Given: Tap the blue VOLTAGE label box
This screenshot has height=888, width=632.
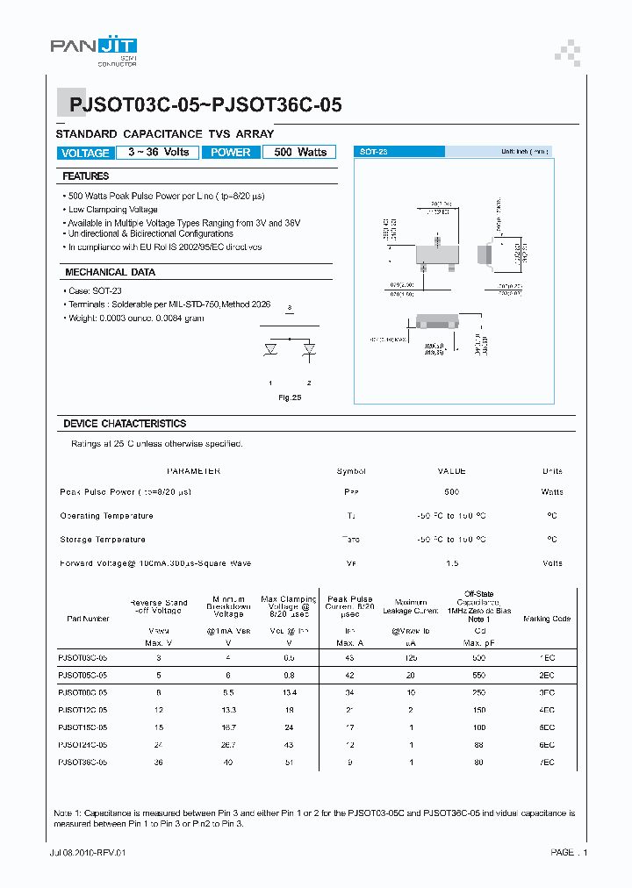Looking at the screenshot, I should pyautogui.click(x=85, y=153).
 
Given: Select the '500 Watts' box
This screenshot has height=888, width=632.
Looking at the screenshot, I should pyautogui.click(x=300, y=152).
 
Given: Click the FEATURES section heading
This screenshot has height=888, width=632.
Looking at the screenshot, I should pyautogui.click(x=86, y=176).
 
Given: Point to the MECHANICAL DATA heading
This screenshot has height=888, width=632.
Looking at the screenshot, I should pyautogui.click(x=110, y=272).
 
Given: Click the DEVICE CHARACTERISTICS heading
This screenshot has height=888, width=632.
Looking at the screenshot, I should pyautogui.click(x=125, y=424).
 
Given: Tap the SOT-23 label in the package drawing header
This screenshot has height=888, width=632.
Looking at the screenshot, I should pyautogui.click(x=374, y=152).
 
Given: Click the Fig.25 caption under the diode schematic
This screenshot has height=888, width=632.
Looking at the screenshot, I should pyautogui.click(x=290, y=398).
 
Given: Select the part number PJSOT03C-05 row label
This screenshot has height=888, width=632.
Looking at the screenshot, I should pyautogui.click(x=83, y=657).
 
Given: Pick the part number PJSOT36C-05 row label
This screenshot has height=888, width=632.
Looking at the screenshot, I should pyautogui.click(x=83, y=763).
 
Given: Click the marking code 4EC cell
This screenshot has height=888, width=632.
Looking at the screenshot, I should pyautogui.click(x=546, y=710).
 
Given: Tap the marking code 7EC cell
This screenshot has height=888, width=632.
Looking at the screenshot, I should pyautogui.click(x=546, y=763).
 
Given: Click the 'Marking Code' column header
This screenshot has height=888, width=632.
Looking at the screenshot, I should pyautogui.click(x=547, y=619).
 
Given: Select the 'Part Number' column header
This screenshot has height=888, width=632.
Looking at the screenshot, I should pyautogui.click(x=88, y=619).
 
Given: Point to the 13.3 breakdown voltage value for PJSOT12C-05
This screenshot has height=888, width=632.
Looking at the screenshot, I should pyautogui.click(x=230, y=710).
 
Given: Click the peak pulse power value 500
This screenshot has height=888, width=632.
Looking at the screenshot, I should pyautogui.click(x=451, y=492).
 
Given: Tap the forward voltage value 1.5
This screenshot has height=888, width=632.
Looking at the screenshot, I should pyautogui.click(x=451, y=563).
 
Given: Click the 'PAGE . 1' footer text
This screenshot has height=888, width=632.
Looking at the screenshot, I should pyautogui.click(x=569, y=852).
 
